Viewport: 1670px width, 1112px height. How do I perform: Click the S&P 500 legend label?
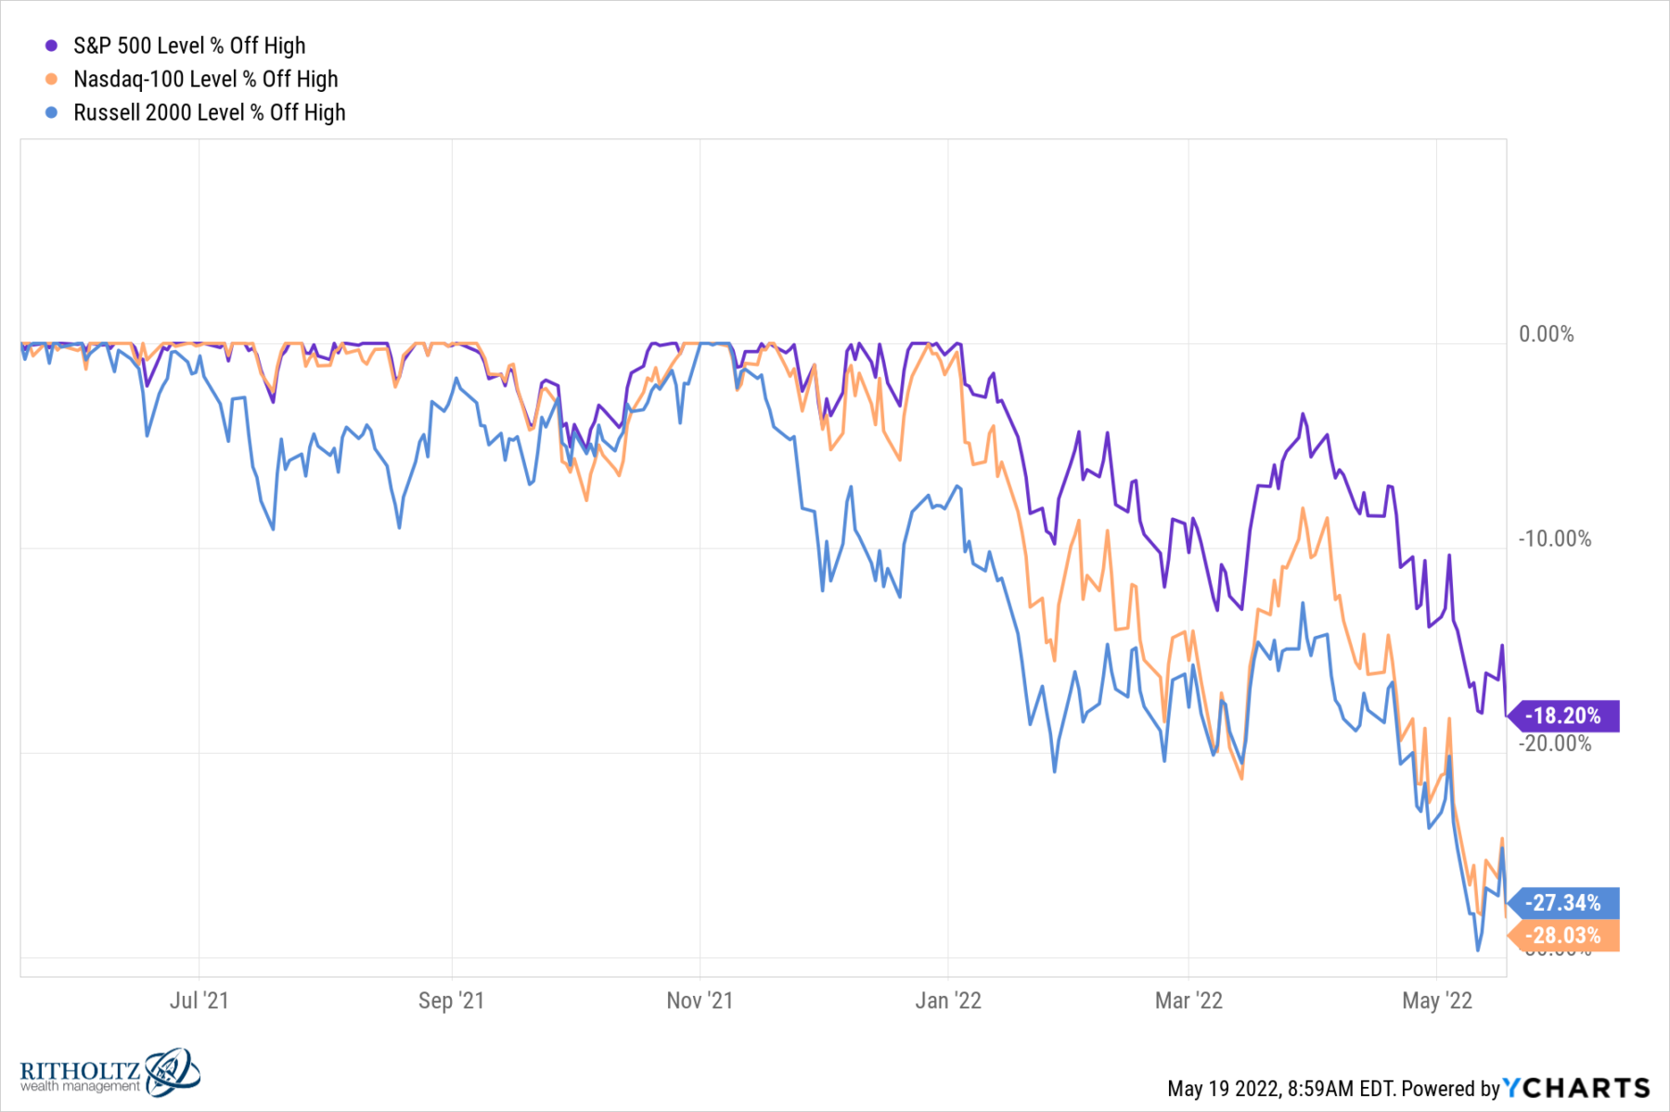(189, 45)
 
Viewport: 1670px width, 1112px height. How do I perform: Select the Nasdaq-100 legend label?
(205, 79)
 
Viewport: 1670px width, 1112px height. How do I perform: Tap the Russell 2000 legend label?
(209, 112)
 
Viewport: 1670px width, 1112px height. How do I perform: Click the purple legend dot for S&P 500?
(52, 45)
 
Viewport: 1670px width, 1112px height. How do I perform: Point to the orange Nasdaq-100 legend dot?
(52, 79)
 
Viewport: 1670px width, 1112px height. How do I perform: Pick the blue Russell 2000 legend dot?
(52, 112)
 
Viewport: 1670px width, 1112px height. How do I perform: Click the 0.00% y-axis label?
(1546, 334)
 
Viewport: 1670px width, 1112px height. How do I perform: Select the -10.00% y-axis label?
(1554, 538)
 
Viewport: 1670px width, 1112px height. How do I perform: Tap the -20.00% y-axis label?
(1554, 743)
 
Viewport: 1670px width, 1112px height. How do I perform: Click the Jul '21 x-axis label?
(199, 1000)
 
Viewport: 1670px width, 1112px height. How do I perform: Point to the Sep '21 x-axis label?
(451, 1000)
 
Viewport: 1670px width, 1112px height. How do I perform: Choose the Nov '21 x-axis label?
(700, 1000)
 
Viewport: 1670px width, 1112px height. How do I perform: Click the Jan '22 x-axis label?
(947, 1000)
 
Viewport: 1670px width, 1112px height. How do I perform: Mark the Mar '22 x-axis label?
(1188, 1000)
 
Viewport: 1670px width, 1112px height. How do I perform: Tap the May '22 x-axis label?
(1436, 1000)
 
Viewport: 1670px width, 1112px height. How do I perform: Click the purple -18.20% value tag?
(1563, 716)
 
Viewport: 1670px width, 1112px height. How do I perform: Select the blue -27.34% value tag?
(1563, 902)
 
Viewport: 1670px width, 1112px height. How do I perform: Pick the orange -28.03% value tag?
(1563, 936)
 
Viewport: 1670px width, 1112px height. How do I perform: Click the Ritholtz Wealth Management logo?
(109, 1074)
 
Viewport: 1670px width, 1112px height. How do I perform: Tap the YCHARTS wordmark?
(1576, 1088)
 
